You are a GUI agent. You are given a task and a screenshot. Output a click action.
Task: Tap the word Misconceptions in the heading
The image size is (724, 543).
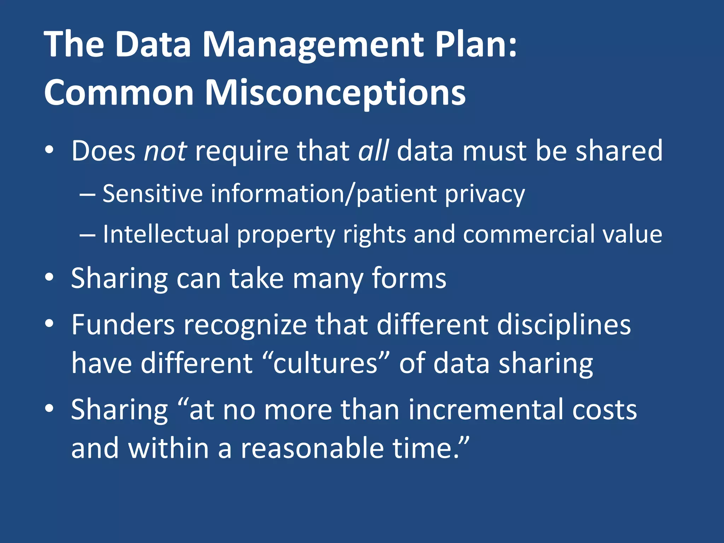pyautogui.click(x=335, y=93)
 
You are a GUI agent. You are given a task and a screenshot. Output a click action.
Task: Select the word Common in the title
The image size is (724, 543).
pyautogui.click(x=119, y=93)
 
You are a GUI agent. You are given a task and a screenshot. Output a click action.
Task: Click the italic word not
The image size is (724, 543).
pyautogui.click(x=165, y=151)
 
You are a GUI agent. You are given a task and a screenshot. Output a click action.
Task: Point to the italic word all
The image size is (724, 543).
pyautogui.click(x=373, y=151)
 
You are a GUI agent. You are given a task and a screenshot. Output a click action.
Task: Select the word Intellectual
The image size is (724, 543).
pyautogui.click(x=166, y=234)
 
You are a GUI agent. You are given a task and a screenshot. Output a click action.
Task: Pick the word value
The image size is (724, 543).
pyautogui.click(x=632, y=234)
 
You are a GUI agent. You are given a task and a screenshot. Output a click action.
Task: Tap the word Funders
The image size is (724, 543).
pyautogui.click(x=123, y=325)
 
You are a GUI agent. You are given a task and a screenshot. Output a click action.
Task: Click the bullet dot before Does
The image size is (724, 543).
pyautogui.click(x=49, y=150)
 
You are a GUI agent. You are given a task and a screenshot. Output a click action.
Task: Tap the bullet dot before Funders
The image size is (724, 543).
pyautogui.click(x=49, y=323)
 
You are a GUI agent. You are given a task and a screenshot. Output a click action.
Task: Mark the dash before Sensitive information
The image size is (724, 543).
pyautogui.click(x=87, y=194)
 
